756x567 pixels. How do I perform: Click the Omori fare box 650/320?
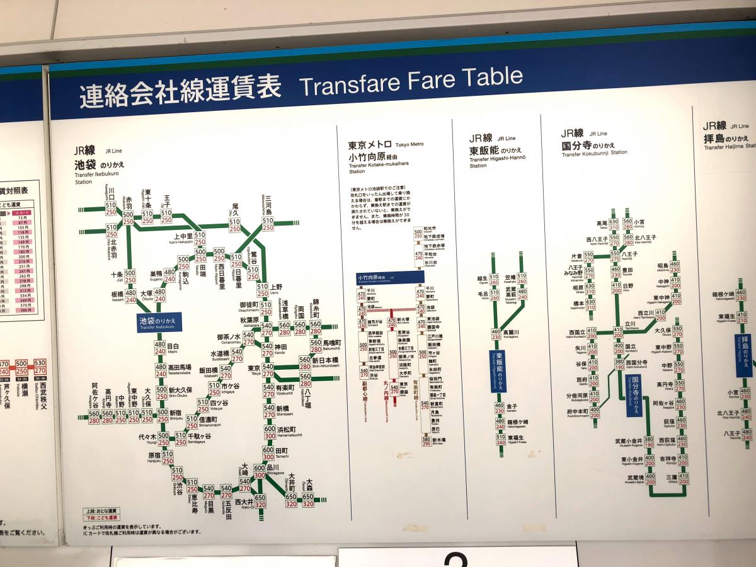308,500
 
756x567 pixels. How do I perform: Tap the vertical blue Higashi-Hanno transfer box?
498,371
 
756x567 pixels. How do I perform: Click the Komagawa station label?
511,333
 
